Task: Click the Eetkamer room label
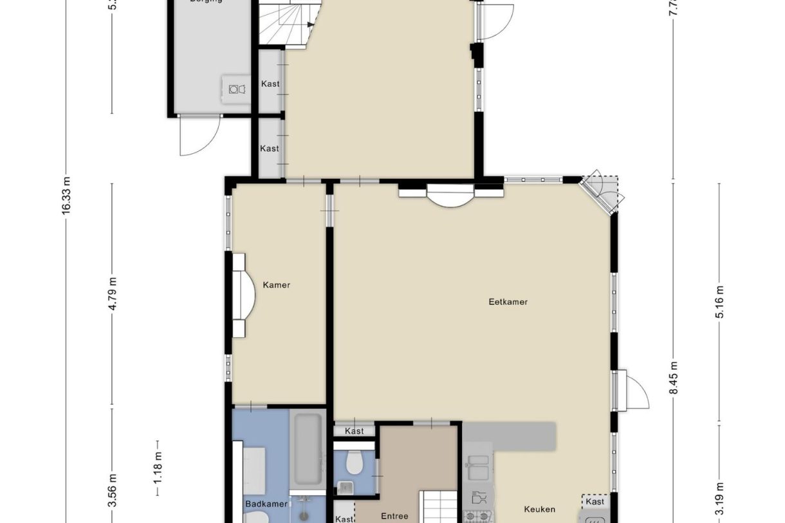pyautogui.click(x=508, y=301)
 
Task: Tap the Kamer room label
pyautogui.click(x=277, y=285)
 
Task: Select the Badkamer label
pyautogui.click(x=266, y=504)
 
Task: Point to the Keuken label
pyautogui.click(x=539, y=509)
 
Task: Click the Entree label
pyautogui.click(x=394, y=516)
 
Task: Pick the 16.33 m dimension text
pyautogui.click(x=66, y=197)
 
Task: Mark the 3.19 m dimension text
pyautogui.click(x=719, y=499)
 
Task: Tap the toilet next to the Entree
pyautogui.click(x=353, y=461)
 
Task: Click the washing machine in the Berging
pyautogui.click(x=235, y=89)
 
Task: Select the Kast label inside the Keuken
pyautogui.click(x=595, y=501)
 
